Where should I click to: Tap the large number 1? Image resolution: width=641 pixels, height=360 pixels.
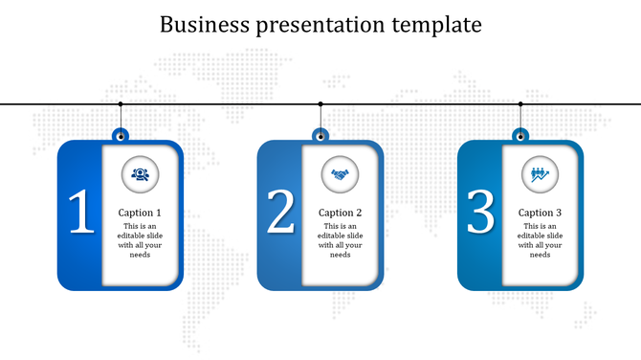(x=81, y=214)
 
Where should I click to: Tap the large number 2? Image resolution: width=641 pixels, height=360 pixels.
(x=280, y=214)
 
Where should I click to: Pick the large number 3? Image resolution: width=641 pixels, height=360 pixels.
(x=480, y=214)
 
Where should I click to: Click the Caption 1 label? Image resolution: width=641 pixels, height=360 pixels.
(x=140, y=213)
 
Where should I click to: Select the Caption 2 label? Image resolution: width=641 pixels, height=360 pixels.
(x=340, y=213)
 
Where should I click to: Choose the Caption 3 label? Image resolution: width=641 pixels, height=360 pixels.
(x=540, y=213)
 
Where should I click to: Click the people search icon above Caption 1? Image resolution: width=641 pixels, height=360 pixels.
(x=140, y=174)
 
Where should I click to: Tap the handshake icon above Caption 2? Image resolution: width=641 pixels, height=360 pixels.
(x=340, y=174)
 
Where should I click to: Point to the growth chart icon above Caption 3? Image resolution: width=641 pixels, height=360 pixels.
(x=540, y=174)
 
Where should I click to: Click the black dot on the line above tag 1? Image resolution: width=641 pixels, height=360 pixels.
(x=121, y=103)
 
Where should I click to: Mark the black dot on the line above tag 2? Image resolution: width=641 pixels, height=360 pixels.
(x=320, y=103)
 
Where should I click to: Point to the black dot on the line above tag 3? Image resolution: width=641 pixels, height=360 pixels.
(x=520, y=103)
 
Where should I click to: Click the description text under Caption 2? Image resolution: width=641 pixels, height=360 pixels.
(x=340, y=240)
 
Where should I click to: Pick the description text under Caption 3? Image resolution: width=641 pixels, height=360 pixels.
(x=540, y=240)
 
